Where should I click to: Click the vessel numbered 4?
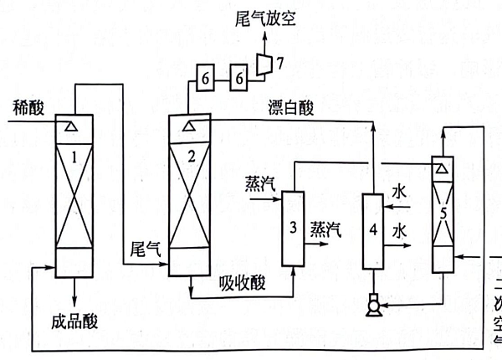[x=371, y=230]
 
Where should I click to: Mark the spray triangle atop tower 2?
[x=192, y=126]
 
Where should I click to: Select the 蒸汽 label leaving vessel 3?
[x=325, y=228]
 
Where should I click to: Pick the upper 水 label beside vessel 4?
[x=400, y=193]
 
